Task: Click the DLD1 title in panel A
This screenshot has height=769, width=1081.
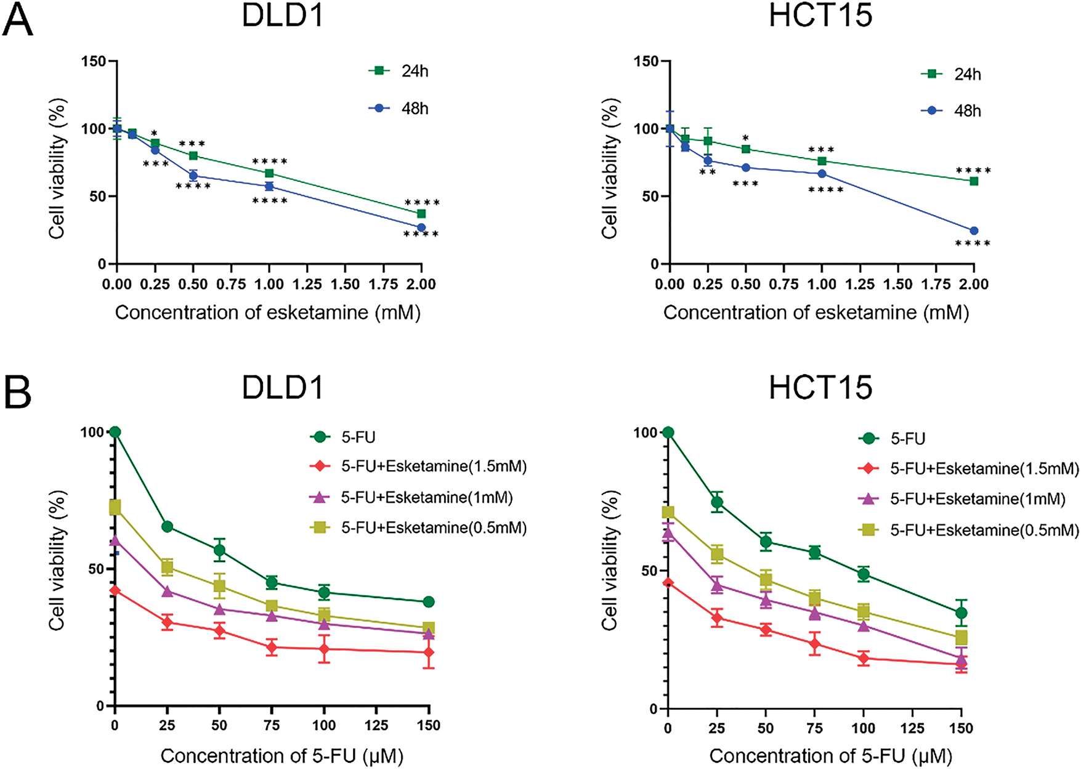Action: point(283,15)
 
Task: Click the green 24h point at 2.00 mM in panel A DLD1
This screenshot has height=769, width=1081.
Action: point(421,214)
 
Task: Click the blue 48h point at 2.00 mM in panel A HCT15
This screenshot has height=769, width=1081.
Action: point(974,231)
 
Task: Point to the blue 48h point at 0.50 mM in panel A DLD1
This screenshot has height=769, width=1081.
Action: point(193,176)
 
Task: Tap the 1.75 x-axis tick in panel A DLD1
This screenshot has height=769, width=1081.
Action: point(383,284)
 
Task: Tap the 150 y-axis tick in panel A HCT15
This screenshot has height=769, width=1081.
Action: point(647,61)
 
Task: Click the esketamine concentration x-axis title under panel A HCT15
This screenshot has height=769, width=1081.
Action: point(816,313)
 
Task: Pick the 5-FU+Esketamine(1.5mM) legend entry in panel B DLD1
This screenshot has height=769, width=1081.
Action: point(419,466)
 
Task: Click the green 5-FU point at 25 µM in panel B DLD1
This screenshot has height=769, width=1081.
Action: point(167,527)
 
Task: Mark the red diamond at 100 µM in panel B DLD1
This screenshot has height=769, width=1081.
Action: point(324,649)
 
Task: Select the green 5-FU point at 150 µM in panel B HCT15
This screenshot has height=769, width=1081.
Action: point(961,613)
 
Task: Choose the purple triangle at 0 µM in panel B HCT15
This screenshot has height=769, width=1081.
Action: point(668,532)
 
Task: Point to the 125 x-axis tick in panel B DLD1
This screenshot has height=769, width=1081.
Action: point(376,726)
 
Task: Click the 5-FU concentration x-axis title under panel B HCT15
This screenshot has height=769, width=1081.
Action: point(830,756)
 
